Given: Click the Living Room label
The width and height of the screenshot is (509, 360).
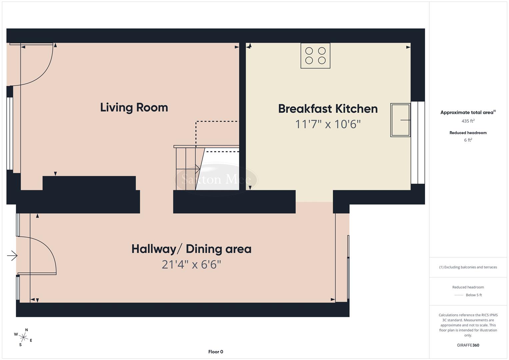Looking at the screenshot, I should [x=134, y=107].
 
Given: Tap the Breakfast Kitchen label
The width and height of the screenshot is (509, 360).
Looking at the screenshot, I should [x=328, y=109].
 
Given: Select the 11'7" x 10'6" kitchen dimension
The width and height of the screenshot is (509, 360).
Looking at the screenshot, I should [x=328, y=124].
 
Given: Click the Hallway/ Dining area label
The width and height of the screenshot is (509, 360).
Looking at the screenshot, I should [x=191, y=249].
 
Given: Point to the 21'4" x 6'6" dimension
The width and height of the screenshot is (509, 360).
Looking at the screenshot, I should [x=191, y=265].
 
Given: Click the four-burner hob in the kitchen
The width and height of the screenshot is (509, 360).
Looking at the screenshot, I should [x=315, y=56].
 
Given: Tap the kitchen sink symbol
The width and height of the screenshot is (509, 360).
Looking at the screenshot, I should [x=400, y=120].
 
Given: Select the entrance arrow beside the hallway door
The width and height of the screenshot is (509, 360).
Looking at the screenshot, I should [x=12, y=256].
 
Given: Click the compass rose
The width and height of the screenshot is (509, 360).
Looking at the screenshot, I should [x=23, y=337].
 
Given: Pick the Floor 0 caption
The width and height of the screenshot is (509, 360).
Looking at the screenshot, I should [x=216, y=352].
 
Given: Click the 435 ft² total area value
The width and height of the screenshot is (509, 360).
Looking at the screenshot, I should [x=468, y=121].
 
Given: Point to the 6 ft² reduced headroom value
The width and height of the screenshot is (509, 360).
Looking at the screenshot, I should [x=468, y=140].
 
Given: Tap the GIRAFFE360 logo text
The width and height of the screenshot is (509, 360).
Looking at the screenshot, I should [x=468, y=345].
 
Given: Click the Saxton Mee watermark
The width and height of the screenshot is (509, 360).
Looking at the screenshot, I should [x=216, y=180].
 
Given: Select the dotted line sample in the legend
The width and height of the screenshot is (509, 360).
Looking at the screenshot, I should [x=459, y=295].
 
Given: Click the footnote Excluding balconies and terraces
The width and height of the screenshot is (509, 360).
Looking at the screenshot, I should [x=468, y=267].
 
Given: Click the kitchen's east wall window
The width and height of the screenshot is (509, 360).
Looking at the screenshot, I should [x=418, y=143].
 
